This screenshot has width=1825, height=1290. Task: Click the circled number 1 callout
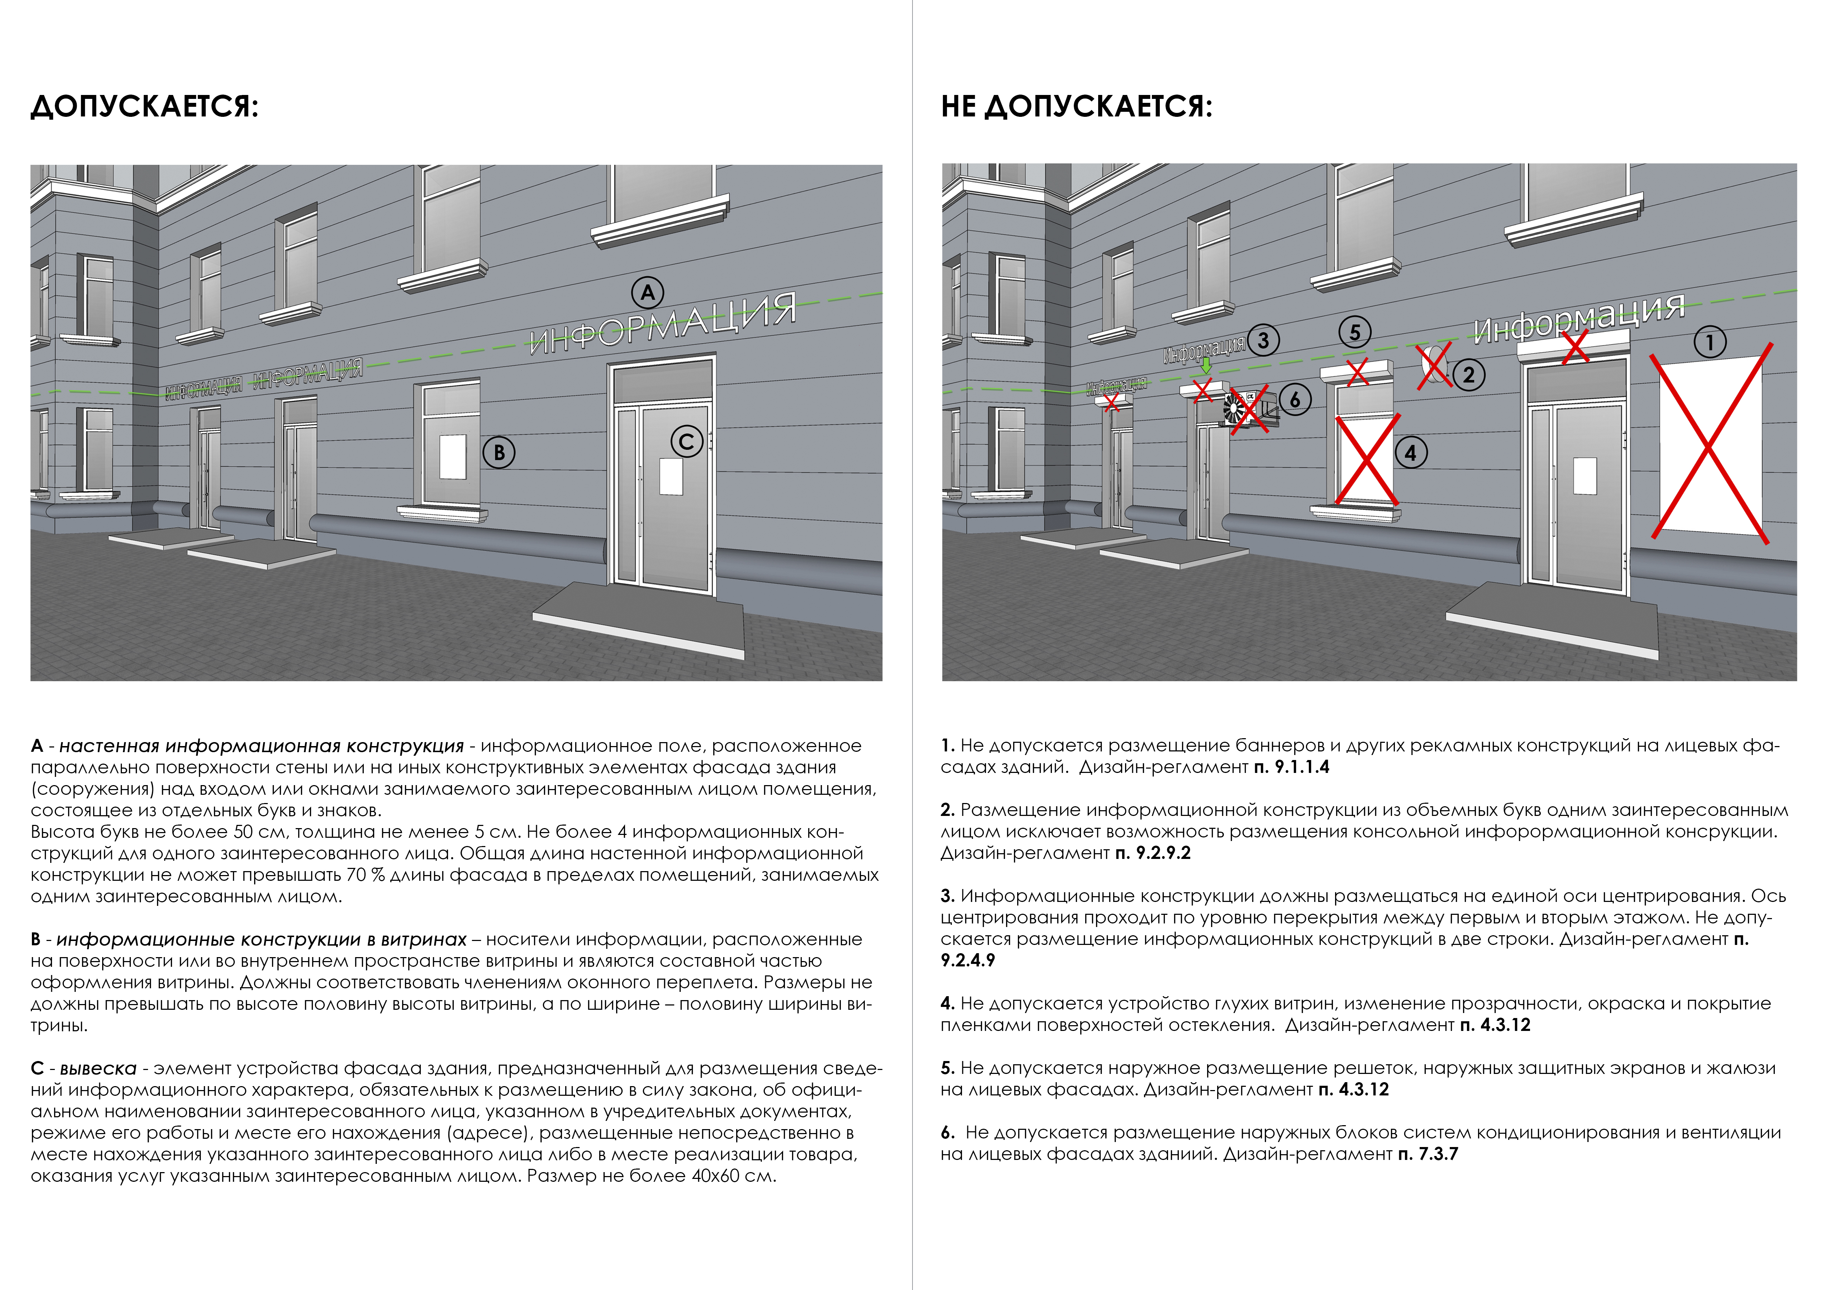[x=1710, y=343]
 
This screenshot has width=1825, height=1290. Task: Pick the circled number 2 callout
[x=1468, y=374]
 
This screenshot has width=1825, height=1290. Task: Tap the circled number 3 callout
[x=1263, y=340]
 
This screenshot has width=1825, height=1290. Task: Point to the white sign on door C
[x=672, y=476]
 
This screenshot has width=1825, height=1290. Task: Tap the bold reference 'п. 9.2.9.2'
[x=1153, y=853]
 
